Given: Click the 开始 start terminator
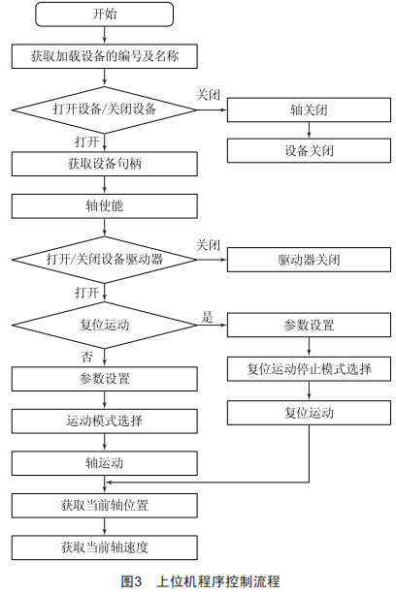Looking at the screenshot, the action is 104,15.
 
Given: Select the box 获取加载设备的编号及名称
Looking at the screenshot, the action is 104,56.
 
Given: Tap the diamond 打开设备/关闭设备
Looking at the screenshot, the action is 104,110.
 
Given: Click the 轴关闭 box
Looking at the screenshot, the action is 309,110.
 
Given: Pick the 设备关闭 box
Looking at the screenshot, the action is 309,150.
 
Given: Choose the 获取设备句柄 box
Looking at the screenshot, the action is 104,164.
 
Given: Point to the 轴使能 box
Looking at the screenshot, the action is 104,206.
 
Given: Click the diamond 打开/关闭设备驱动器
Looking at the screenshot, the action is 104,260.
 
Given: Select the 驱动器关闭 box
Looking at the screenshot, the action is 309,260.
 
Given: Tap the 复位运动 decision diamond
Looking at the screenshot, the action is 104,325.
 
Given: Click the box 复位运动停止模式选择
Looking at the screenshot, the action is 309,369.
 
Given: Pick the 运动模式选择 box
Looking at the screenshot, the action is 104,421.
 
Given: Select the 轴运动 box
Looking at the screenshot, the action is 104,463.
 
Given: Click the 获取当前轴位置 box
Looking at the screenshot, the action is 104,506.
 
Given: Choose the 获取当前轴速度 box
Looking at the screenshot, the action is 104,547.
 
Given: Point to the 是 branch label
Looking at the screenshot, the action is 207,317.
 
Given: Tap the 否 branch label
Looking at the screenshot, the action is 86,357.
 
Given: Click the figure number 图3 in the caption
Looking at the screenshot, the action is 131,581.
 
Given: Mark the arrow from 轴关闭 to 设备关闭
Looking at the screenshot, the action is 309,130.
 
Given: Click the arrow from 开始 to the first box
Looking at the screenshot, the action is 104,35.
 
